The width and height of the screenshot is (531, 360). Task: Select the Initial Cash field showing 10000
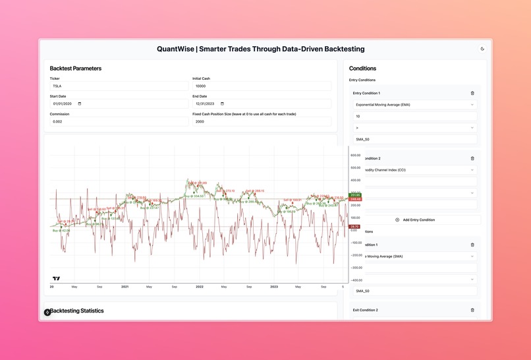click(262, 86)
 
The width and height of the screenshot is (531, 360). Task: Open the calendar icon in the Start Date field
click(80, 104)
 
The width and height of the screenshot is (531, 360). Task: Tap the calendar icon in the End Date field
click(222, 104)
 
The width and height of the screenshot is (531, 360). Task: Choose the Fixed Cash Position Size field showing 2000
click(262, 121)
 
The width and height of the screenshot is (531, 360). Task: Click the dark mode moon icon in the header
click(482, 49)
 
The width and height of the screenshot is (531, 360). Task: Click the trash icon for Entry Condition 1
click(472, 93)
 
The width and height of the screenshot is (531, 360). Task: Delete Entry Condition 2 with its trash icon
click(472, 158)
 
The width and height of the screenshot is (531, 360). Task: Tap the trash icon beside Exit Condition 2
click(472, 310)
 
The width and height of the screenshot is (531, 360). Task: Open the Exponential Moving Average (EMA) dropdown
click(414, 104)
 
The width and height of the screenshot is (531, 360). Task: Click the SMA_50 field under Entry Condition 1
click(414, 139)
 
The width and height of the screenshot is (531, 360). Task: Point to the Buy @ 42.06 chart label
click(61, 231)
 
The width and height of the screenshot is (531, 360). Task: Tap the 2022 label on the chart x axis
click(199, 287)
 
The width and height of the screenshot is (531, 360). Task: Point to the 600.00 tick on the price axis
click(355, 156)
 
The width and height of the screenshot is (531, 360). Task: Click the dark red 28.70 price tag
click(355, 226)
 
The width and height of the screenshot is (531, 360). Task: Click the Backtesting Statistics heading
click(77, 311)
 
